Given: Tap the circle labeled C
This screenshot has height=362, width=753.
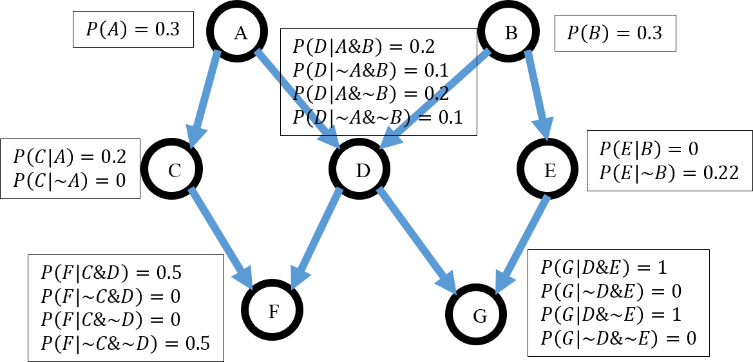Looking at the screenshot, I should pyautogui.click(x=174, y=170).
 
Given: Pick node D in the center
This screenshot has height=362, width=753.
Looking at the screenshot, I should pyautogui.click(x=363, y=170).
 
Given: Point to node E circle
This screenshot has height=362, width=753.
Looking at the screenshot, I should pyautogui.click(x=549, y=170).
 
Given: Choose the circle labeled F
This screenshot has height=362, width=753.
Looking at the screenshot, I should pyautogui.click(x=273, y=312).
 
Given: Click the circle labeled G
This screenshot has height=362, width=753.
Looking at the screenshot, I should pyautogui.click(x=480, y=316).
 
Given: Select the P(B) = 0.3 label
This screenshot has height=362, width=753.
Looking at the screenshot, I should pyautogui.click(x=615, y=33).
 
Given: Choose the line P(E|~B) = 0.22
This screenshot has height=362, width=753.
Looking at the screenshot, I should pyautogui.click(x=669, y=173).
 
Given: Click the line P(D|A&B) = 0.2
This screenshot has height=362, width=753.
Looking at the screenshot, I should pyautogui.click(x=364, y=46).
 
